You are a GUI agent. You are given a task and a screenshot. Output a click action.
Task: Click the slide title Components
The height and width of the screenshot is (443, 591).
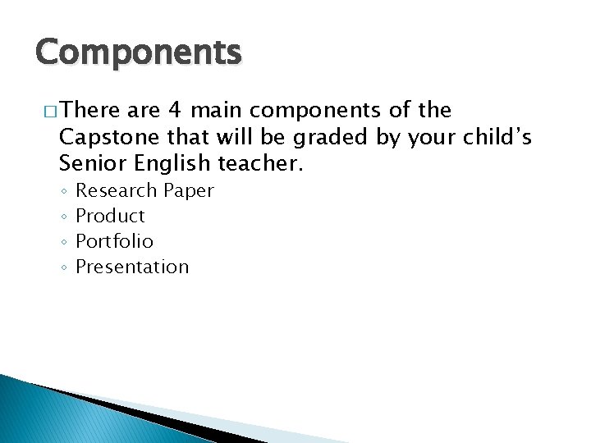point(139,53)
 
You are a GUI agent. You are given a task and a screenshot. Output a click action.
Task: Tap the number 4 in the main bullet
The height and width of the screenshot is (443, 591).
point(174,110)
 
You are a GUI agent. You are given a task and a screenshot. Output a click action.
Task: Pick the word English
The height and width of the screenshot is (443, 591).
point(170,164)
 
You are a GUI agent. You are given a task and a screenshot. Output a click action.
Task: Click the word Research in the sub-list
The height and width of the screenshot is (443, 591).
point(116,191)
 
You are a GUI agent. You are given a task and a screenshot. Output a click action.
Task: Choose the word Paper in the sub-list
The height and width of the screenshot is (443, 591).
point(189,191)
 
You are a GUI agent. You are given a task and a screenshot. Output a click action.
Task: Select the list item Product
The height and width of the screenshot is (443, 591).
point(110,217)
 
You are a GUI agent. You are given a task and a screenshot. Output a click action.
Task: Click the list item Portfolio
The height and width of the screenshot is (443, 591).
point(114,242)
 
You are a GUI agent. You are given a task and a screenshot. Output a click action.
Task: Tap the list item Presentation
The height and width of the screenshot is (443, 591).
point(132,267)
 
